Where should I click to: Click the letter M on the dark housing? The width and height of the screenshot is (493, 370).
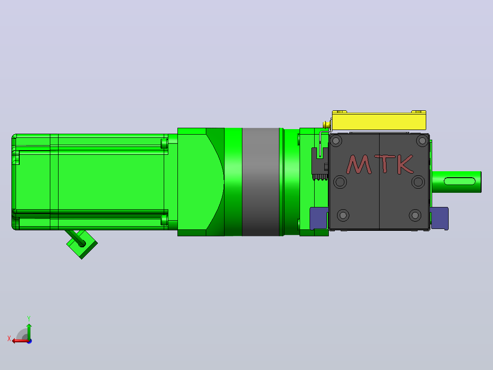pos(359,164)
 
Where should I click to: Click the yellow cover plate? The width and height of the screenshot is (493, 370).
pos(379,120)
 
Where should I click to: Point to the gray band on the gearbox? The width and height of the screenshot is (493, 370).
pos(261,182)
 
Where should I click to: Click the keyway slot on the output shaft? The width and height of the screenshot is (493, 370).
pos(459,181)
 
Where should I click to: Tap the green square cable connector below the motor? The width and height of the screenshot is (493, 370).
pos(82,245)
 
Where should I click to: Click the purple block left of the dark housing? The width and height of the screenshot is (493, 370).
pos(319,218)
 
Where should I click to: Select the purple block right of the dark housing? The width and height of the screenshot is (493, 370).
pos(439,218)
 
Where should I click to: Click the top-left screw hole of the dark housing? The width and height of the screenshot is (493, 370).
pos(336,141)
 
